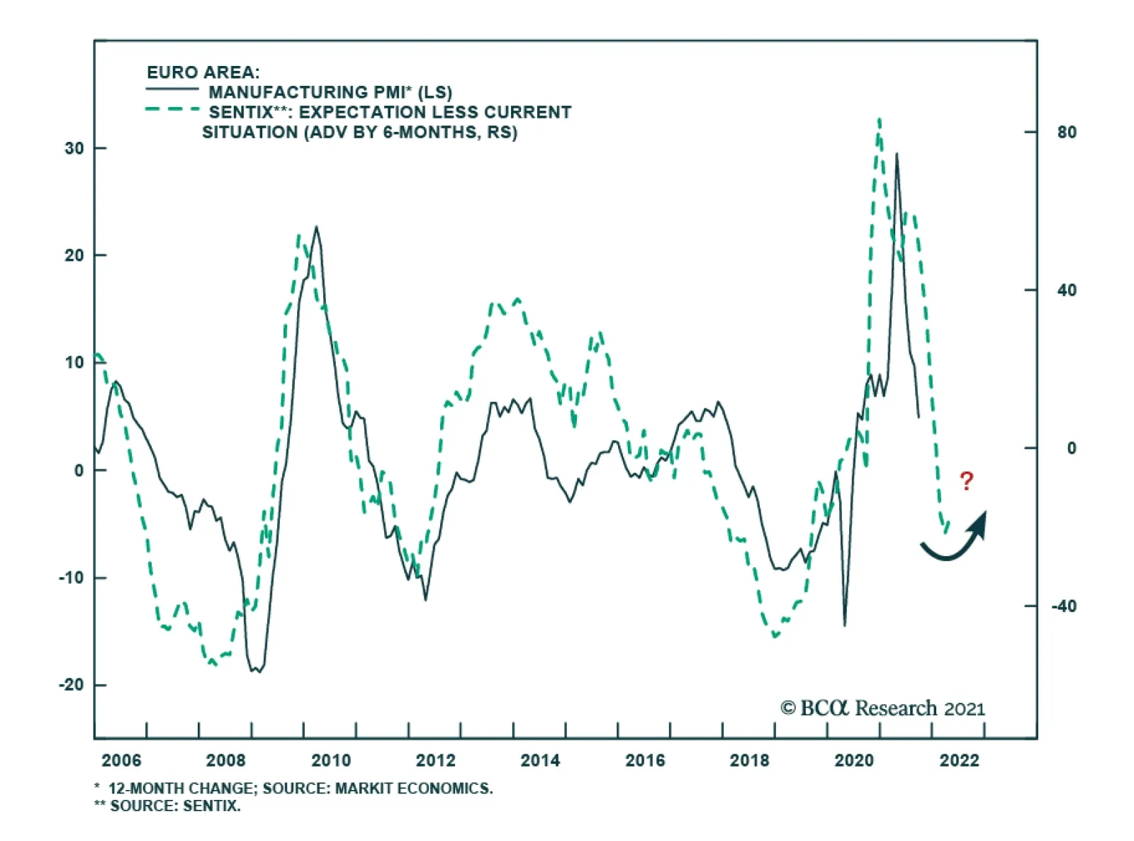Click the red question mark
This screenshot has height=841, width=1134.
(966, 481)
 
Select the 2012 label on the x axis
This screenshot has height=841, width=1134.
(435, 761)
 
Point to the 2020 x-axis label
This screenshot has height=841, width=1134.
(854, 761)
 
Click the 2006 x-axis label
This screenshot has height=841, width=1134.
(121, 761)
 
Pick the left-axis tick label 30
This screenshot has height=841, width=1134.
(74, 148)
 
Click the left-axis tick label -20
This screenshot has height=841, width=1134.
(71, 685)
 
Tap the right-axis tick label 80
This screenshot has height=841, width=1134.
(1066, 133)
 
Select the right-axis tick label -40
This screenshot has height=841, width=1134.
(1063, 606)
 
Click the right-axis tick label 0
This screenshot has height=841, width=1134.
(1071, 448)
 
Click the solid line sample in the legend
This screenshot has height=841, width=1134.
(172, 89)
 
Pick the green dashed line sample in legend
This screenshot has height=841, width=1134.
(172, 109)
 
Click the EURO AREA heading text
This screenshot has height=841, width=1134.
(203, 72)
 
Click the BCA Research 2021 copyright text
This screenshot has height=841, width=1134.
(882, 708)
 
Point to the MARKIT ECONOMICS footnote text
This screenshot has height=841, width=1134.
(413, 789)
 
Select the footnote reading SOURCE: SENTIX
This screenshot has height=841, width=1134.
(175, 806)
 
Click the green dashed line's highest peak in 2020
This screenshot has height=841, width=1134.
(880, 121)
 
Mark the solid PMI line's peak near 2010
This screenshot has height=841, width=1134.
(316, 228)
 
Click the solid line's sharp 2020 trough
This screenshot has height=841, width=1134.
(844, 625)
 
